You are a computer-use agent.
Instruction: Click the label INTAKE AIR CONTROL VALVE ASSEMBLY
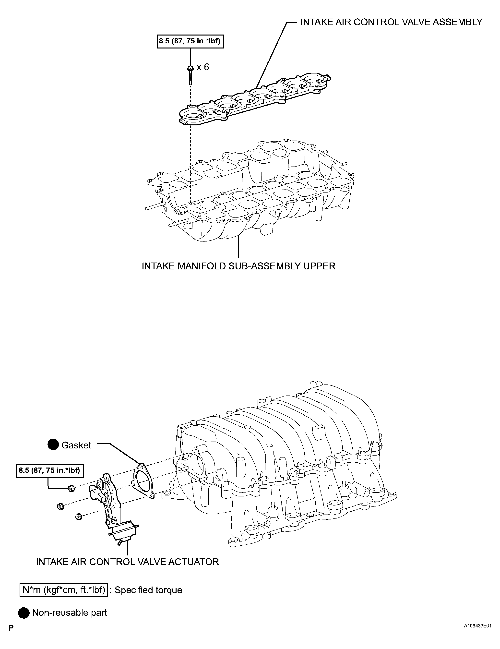(x=391, y=22)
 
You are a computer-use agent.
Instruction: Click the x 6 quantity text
(x=203, y=67)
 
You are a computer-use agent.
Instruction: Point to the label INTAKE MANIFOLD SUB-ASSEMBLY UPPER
(x=238, y=266)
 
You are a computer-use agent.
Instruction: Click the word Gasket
(x=76, y=454)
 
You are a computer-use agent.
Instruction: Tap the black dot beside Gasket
(x=53, y=453)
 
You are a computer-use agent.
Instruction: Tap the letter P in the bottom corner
(x=11, y=637)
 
